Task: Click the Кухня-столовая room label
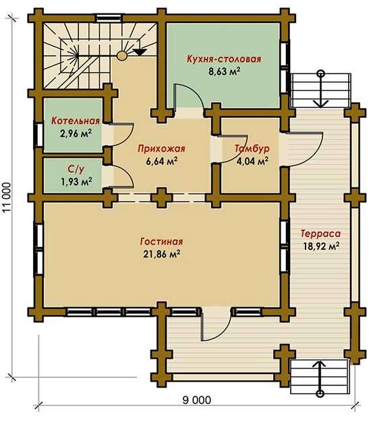(x=224, y=59)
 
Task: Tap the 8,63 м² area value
(x=224, y=72)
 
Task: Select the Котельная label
(x=76, y=121)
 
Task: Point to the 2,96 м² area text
(x=76, y=133)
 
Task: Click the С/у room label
(x=76, y=169)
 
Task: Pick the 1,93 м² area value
(x=76, y=181)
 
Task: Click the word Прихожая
(x=161, y=148)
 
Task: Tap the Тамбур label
(x=252, y=148)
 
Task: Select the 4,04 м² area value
(x=252, y=161)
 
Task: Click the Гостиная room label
(x=161, y=241)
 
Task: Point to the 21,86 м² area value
(x=161, y=254)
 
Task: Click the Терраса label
(x=320, y=233)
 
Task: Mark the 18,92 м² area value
(x=321, y=246)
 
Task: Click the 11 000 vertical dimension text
(x=7, y=199)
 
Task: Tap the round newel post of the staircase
(x=121, y=55)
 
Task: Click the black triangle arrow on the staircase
(x=140, y=52)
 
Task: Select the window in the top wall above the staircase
(x=109, y=18)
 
